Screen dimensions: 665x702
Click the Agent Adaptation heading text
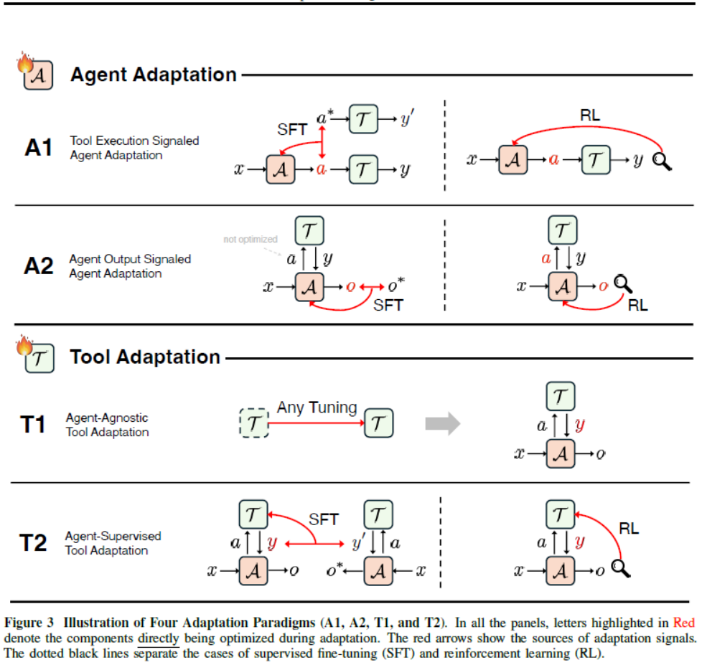click(153, 75)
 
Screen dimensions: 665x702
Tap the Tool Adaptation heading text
click(145, 357)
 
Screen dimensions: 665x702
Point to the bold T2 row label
click(33, 542)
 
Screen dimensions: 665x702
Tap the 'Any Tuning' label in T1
click(317, 407)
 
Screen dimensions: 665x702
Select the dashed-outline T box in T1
click(253, 423)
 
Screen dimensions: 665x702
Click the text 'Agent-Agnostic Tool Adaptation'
click(107, 425)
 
